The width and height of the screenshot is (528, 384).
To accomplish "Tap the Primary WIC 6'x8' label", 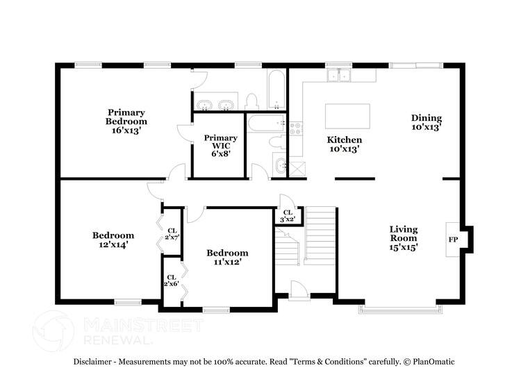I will (220, 145).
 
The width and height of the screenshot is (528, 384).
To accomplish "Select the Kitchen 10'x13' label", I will (345, 144).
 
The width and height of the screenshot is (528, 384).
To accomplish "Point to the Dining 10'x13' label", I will (426, 123).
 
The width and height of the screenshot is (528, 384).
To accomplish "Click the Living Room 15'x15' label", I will (403, 237).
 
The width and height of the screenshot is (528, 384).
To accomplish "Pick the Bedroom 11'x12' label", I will (227, 257).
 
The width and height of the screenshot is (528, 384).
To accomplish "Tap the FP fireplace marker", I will (453, 240).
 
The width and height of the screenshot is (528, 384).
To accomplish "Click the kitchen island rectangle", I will (347, 114).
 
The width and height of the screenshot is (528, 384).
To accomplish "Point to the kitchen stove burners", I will (295, 128).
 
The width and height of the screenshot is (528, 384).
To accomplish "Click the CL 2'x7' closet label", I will (172, 233).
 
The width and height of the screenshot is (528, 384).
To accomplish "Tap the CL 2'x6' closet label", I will (172, 281).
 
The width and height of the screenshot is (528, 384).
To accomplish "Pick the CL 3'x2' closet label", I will (287, 216).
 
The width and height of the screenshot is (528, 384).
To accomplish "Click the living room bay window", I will (398, 308).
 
